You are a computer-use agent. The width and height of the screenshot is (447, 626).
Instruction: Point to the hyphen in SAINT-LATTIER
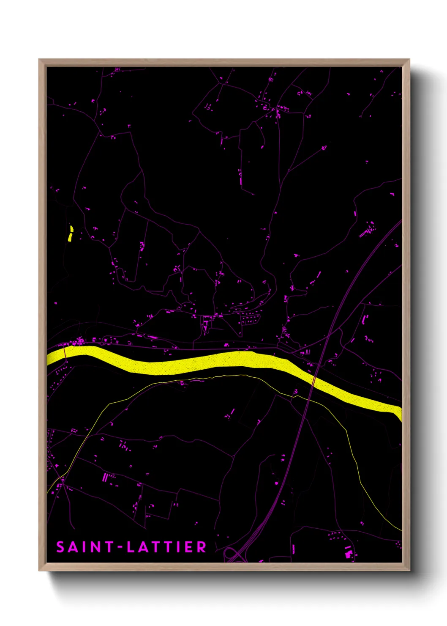point(120,547)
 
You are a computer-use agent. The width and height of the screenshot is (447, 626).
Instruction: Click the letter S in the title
point(60,547)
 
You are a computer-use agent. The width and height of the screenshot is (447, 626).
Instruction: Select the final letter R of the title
point(202,547)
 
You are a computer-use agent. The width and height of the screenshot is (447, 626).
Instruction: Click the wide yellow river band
point(211,362)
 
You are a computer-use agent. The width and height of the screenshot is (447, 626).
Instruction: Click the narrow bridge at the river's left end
point(65,352)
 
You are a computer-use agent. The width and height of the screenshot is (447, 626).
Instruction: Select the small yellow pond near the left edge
point(71,233)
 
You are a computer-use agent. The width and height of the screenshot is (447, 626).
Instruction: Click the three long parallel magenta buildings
point(105,478)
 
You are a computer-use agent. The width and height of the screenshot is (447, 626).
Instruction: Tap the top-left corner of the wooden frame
point(39,60)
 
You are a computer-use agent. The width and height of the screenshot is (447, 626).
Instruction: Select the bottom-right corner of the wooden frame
point(409,570)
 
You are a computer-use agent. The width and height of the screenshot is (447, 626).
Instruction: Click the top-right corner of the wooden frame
point(409,60)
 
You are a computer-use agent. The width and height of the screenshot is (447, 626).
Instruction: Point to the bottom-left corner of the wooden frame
point(39,570)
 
